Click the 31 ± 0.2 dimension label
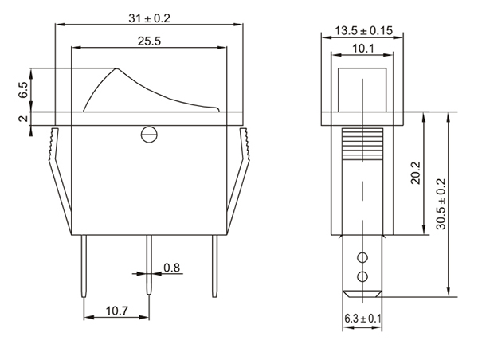pos(149,18)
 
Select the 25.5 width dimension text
pos(149,41)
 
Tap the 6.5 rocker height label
pos(23,90)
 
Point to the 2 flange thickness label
pos(23,119)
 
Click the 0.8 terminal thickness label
pos(171,268)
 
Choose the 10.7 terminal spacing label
pos(117,311)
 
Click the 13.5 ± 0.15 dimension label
pos(364,30)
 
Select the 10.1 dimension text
pos(363,48)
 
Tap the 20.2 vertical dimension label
pos(415,173)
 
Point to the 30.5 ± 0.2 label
pos(441,204)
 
